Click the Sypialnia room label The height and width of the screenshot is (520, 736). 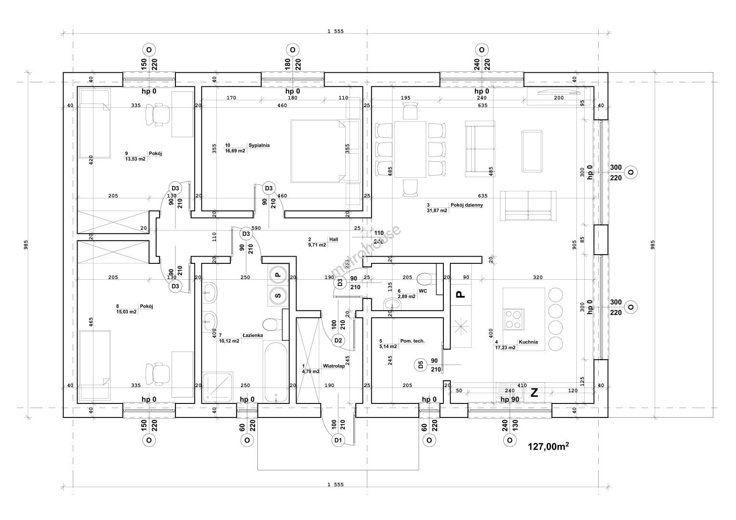pyautogui.click(x=259, y=145)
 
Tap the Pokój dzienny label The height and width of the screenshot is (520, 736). pyautogui.click(x=466, y=205)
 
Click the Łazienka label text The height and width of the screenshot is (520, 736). pyautogui.click(x=252, y=335)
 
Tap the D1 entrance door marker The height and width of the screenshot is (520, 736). pyautogui.click(x=338, y=440)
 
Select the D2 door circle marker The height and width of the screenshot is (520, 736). pyautogui.click(x=338, y=340)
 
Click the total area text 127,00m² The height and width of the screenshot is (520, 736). pyautogui.click(x=549, y=447)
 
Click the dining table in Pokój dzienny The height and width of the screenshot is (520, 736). pyautogui.click(x=410, y=149)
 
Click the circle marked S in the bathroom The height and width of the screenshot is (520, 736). pyautogui.click(x=278, y=296)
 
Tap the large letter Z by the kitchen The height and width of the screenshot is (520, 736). pyautogui.click(x=534, y=393)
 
